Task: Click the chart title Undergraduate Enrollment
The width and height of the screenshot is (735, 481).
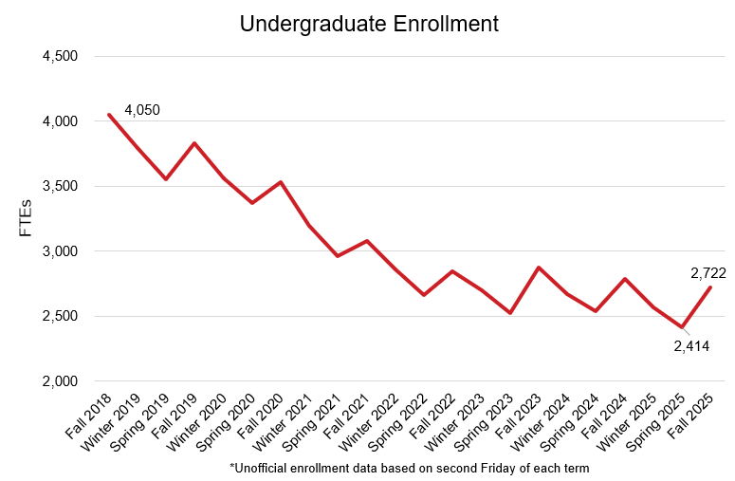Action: (369, 24)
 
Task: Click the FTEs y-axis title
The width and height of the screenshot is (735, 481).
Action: (28, 218)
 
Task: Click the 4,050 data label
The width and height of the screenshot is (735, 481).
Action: (142, 110)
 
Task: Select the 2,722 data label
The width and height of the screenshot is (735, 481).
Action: (707, 274)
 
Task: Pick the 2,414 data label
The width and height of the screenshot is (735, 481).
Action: (691, 346)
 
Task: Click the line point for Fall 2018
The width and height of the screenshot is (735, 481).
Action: (109, 115)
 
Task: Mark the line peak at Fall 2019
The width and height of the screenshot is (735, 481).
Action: (194, 143)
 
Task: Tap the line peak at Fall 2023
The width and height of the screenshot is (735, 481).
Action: (539, 268)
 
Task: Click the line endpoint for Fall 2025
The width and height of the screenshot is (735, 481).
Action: (710, 287)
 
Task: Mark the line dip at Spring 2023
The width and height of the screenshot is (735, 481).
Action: (510, 312)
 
